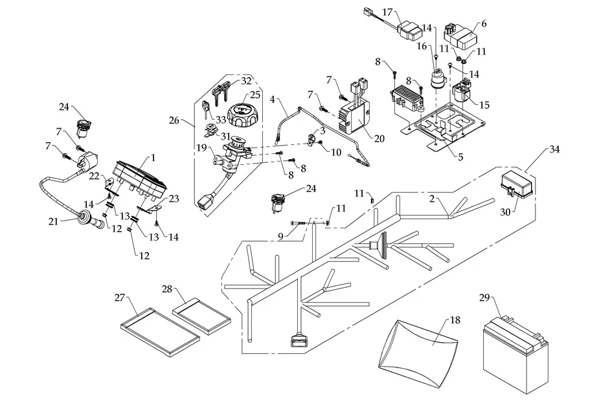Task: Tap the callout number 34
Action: point(554,149)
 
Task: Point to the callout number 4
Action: point(272,101)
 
